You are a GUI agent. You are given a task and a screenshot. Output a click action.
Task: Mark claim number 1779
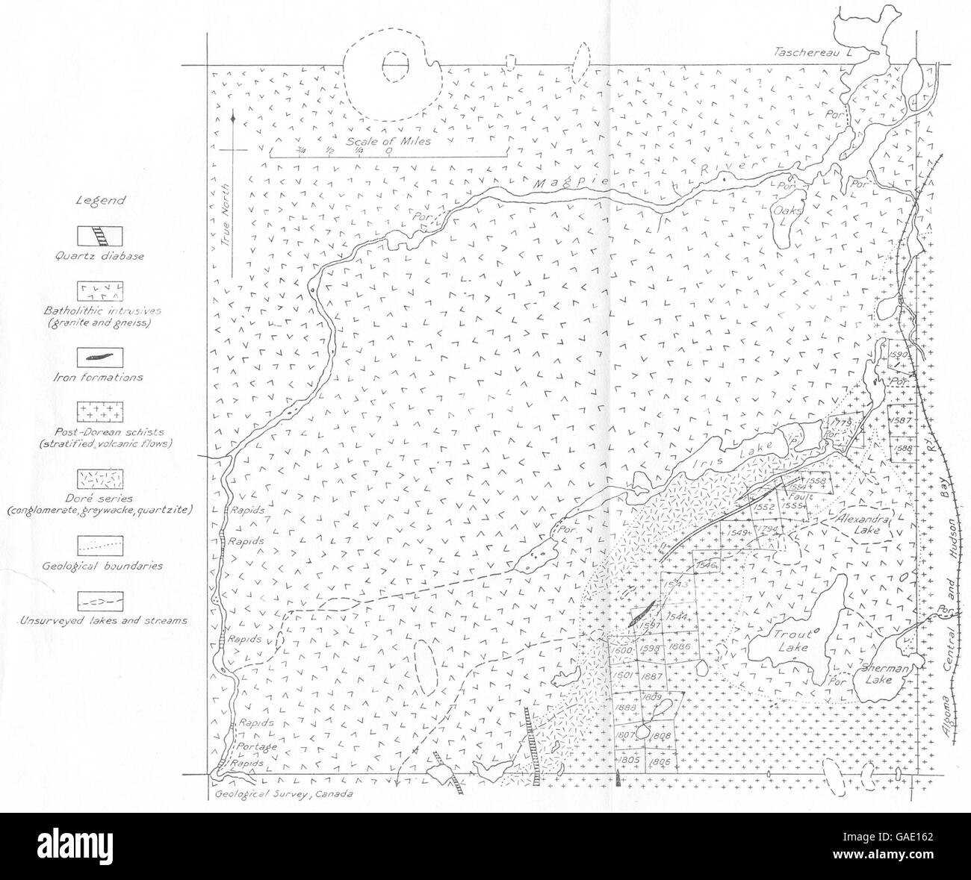tap(840, 423)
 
